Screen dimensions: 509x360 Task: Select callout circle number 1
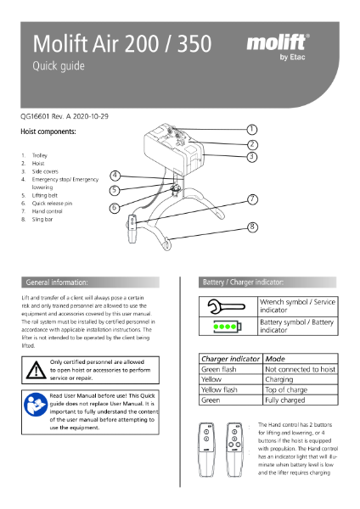pos(252,129)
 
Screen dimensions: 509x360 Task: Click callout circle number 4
pos(115,175)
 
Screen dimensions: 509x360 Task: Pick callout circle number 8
pos(252,227)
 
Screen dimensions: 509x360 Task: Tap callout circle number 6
pos(115,207)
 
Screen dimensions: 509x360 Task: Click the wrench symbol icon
pos(222,307)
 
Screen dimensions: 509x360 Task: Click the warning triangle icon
pos(36,370)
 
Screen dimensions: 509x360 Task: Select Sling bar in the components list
pos(45,219)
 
